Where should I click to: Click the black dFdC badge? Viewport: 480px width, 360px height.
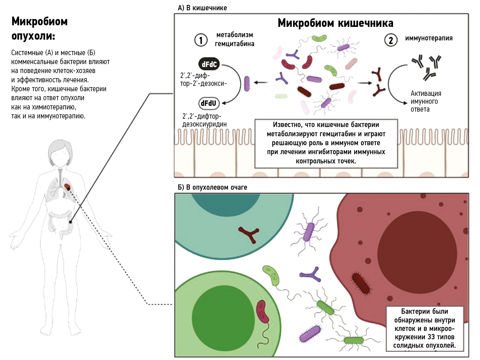click(209, 64)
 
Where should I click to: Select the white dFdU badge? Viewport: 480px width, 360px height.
click(209, 103)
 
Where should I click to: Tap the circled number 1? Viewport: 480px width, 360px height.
click(201, 40)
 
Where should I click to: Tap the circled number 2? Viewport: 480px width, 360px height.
click(391, 40)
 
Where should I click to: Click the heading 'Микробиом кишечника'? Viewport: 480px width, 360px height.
click(335, 23)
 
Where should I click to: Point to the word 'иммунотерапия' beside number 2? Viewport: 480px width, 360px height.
click(429, 38)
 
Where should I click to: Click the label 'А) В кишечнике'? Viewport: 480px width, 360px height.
click(202, 8)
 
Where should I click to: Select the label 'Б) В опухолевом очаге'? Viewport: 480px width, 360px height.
click(212, 187)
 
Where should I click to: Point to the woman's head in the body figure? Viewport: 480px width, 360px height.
click(60, 153)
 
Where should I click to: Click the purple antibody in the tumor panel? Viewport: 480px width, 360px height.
click(311, 275)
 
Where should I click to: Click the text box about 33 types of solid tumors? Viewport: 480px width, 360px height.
click(425, 329)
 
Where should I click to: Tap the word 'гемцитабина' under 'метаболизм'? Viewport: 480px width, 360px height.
click(234, 44)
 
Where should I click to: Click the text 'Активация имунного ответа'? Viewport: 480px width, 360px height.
click(425, 101)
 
